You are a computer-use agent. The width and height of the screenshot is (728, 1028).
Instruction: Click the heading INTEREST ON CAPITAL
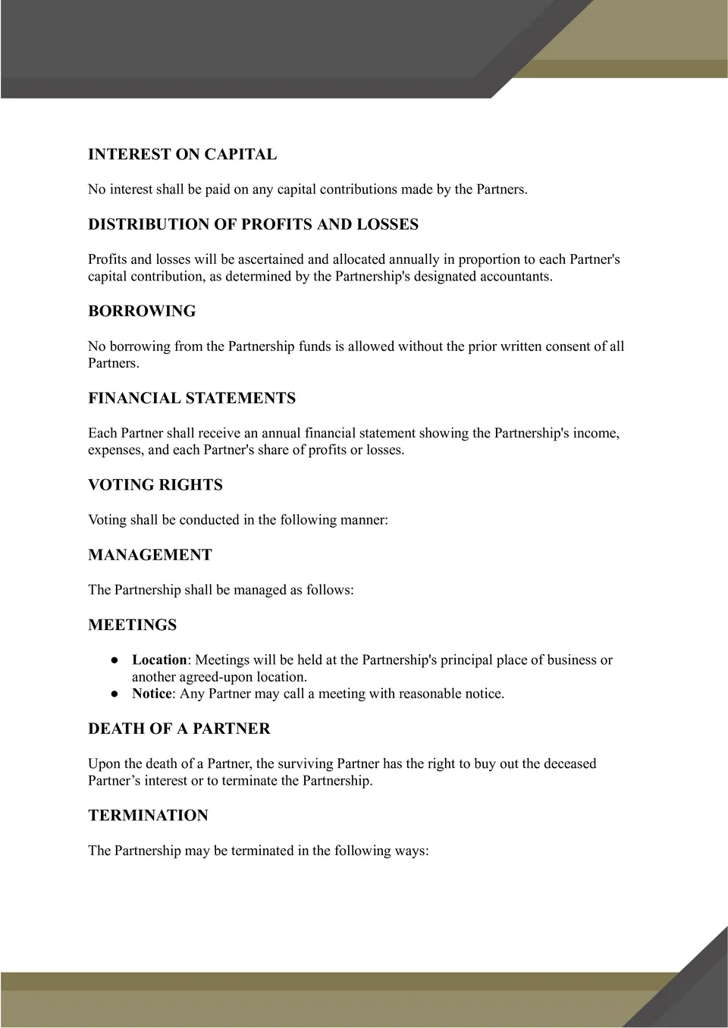point(182,155)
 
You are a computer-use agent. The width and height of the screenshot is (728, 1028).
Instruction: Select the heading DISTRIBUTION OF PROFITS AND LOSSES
point(253,224)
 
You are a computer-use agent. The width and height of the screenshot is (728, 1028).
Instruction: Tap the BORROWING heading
point(142,312)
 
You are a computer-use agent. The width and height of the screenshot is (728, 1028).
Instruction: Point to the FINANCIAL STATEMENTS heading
point(192,399)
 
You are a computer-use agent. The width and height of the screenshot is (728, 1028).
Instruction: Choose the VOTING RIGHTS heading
point(155,485)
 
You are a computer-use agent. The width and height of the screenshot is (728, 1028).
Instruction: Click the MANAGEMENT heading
point(150,555)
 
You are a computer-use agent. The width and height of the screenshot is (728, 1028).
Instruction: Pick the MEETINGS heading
point(133,625)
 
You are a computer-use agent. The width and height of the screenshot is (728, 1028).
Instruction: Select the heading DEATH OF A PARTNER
point(179,729)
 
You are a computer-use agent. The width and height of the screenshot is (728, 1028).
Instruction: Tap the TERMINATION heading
point(148,816)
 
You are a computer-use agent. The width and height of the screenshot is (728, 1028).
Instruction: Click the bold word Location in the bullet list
point(159,660)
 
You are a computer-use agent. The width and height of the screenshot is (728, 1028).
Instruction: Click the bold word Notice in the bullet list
point(152,694)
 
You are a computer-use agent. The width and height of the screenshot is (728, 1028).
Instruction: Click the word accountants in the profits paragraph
point(515,277)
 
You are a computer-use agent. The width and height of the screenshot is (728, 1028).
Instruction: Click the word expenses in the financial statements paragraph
point(115,450)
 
